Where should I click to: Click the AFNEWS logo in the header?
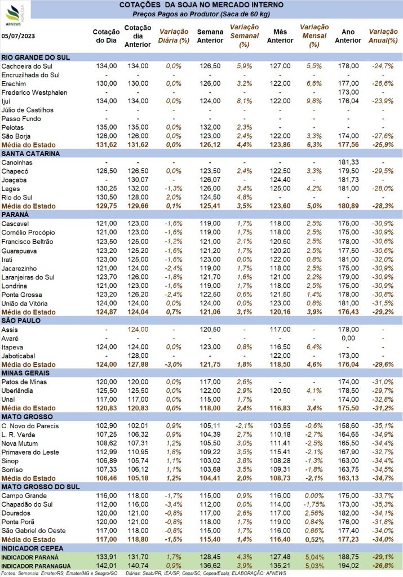(x=15, y=15)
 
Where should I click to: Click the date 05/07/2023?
(x=18, y=36)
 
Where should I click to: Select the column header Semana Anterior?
(x=210, y=36)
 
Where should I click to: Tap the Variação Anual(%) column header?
(x=383, y=36)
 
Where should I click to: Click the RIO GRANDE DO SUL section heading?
(x=36, y=57)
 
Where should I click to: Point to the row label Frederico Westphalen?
(x=34, y=92)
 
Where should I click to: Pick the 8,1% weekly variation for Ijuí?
(x=245, y=101)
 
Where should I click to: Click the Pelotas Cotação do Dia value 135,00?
(x=107, y=127)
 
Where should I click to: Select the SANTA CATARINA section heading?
(x=30, y=154)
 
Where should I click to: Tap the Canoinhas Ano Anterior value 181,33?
(x=348, y=162)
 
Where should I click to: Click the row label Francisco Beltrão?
(x=27, y=242)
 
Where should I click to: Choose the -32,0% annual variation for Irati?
(x=383, y=259)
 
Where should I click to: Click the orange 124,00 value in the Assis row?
(x=138, y=329)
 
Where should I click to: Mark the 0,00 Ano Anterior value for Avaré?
(x=348, y=338)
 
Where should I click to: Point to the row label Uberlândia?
(x=17, y=391)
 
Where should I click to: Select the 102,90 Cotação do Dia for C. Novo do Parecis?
(x=107, y=426)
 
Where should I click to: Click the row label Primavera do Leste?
(x=30, y=452)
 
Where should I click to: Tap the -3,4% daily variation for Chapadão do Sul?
(x=174, y=504)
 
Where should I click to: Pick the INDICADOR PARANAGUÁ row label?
(x=36, y=566)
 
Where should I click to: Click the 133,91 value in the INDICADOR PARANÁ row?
(x=107, y=557)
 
